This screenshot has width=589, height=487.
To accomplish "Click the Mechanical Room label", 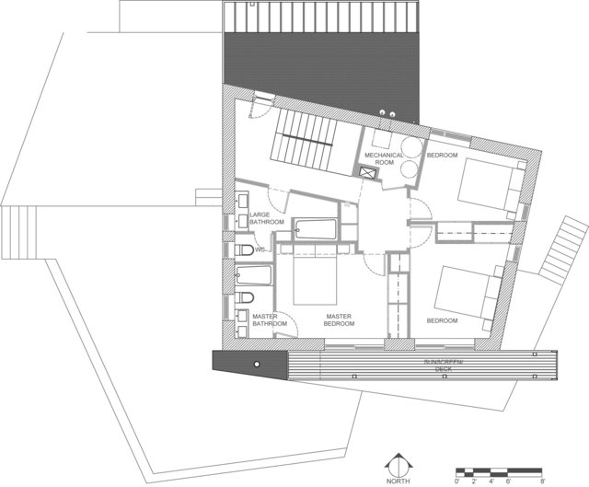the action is click(x=385, y=158).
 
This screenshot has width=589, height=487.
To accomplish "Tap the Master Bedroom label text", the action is click(x=339, y=319).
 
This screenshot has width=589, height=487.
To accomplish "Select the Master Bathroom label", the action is click(x=270, y=319).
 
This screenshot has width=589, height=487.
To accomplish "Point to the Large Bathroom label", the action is click(x=267, y=218).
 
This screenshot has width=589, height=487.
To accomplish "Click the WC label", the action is click(x=260, y=249).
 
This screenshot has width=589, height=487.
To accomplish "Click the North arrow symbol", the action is click(x=398, y=465).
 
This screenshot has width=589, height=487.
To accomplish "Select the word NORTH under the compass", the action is click(x=398, y=481).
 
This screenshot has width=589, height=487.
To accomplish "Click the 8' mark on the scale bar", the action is click(x=541, y=481).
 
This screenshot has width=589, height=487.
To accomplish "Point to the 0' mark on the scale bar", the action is click(x=456, y=481).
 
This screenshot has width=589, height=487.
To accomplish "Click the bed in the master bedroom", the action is click(x=315, y=278).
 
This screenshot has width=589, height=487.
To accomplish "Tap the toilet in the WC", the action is click(x=245, y=249).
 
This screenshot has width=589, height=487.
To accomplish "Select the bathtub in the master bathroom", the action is click(x=254, y=275).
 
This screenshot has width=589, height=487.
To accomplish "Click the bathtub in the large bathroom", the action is click(x=316, y=229).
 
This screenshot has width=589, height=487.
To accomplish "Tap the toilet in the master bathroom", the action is click(x=245, y=297).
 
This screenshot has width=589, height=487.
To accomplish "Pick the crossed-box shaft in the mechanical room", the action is click(x=367, y=173).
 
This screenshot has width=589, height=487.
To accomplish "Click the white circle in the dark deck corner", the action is click(x=257, y=365).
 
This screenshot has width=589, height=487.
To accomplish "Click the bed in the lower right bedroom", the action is click(x=468, y=293).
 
